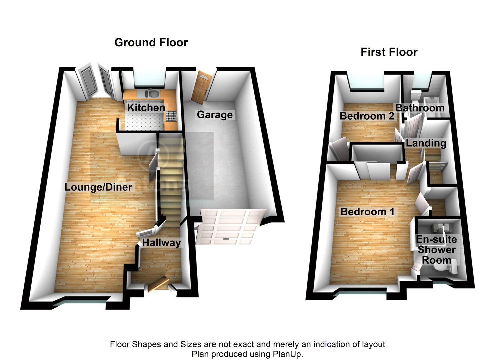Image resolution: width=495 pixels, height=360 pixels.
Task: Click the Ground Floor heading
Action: (151, 42)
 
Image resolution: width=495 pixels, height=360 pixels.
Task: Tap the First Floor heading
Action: (389, 52)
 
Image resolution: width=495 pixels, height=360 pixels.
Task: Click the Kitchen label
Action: (146, 108)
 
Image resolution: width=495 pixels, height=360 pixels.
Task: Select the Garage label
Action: (215, 115)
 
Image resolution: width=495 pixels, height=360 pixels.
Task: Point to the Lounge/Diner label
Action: (98, 187)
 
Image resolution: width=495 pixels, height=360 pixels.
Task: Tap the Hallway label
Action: (161, 243)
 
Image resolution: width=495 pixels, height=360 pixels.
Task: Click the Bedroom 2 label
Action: (367, 116)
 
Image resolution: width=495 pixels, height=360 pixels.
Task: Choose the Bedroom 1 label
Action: (367, 212)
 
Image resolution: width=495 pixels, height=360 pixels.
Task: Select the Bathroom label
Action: (420, 108)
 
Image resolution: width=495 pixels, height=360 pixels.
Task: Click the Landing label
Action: (426, 143)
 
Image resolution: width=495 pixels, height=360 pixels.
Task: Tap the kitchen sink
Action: (152, 94)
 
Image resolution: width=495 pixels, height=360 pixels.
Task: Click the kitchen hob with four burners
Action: (171, 116)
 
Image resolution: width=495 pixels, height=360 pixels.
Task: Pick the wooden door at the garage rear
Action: (201, 87)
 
